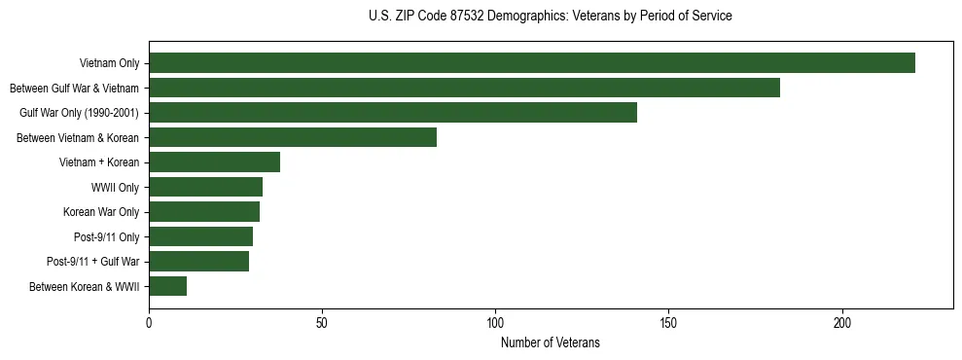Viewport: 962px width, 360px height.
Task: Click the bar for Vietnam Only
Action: coord(531,63)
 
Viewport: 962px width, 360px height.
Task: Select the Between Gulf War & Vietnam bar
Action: coord(464,88)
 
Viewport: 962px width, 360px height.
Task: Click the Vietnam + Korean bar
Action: coord(214,162)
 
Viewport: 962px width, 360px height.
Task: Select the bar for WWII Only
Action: coord(205,187)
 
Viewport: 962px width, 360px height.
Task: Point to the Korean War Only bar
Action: coord(204,211)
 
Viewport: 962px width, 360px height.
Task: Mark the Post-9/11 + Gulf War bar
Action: coord(198,261)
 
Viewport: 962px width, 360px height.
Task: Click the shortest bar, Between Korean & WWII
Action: coord(167,286)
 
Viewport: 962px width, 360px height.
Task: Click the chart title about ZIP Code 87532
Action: coord(551,17)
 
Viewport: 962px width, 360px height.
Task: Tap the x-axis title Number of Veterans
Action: coord(551,342)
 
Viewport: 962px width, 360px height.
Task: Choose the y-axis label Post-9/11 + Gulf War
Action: coord(93,262)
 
